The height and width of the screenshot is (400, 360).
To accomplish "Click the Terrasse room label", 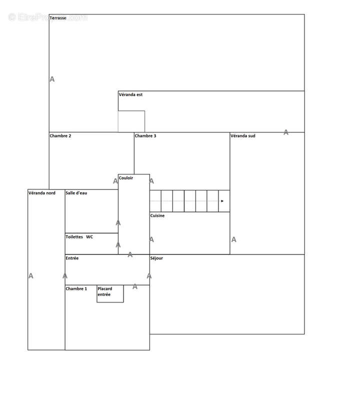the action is coord(58,18).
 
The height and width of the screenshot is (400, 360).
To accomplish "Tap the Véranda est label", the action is coord(130,94).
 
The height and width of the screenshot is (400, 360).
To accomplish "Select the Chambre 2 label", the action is coord(60,135).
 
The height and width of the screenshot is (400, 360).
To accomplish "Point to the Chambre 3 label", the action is coord(145,135).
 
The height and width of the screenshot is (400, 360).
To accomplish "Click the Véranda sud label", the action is coord(242,135).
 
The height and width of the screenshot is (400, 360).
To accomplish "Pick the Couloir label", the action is coord(126,178).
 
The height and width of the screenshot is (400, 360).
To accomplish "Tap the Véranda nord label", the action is coord(42,193).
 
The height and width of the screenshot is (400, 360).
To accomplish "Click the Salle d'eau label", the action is coord(76,193).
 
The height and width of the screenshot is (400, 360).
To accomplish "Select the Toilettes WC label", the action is coord(79,236).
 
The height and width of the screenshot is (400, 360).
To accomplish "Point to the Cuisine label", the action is coord(157,215).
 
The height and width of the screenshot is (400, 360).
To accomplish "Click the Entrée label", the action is coord(72,258).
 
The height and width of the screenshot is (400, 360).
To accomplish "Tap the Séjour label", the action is coord(156,258).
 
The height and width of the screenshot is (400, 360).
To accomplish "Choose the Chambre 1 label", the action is coord(76,288).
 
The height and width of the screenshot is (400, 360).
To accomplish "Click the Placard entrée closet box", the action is coord(110,293).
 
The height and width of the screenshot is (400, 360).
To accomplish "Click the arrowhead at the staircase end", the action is coord(222,201).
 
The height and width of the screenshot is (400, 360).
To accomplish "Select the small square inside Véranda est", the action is coord(131,121).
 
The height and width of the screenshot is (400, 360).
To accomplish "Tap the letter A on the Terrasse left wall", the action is coord(52,79).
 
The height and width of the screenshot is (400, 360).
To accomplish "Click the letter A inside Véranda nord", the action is coord(31,276).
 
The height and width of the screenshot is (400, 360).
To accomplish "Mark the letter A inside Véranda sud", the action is coord(233,239).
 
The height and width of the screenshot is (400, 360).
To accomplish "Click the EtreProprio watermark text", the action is coord(47,17).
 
